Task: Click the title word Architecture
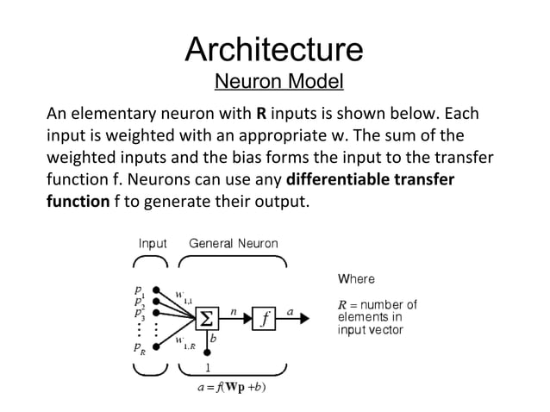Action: pyautogui.click(x=274, y=49)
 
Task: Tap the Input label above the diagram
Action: pyautogui.click(x=153, y=244)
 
